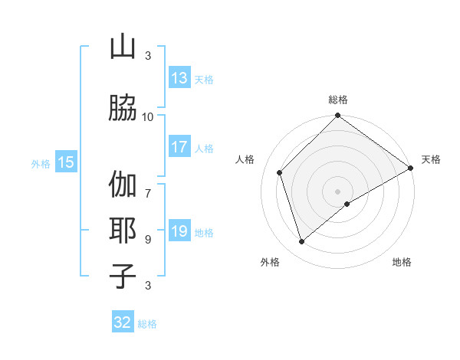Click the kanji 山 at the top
(123, 47)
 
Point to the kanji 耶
(123, 231)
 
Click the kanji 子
(123, 275)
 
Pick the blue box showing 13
(179, 78)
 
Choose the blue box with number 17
(179, 148)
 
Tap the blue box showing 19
(179, 232)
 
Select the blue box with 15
(66, 162)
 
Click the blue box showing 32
(123, 323)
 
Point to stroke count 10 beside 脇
(148, 116)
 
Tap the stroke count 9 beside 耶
(148, 239)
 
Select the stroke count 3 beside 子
(148, 285)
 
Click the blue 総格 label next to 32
(148, 324)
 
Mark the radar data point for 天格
(411, 168)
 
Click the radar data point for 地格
(347, 204)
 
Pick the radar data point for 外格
(301, 242)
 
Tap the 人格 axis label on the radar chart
(245, 159)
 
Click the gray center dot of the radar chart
(337, 191)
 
